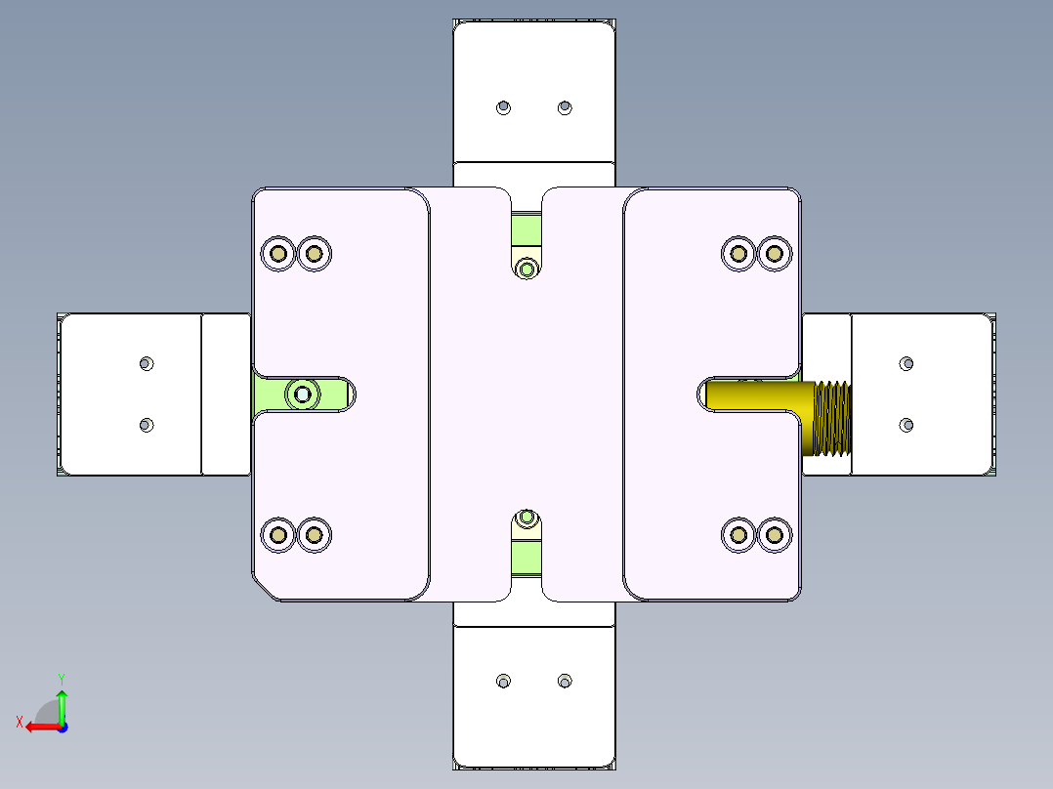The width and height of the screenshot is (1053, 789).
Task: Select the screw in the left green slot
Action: (303, 394)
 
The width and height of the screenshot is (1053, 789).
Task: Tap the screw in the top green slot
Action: (527, 268)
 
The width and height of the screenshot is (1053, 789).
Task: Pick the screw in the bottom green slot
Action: (527, 518)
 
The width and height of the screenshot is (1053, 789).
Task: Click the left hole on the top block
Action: (504, 106)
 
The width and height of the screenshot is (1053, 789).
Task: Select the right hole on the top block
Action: (565, 106)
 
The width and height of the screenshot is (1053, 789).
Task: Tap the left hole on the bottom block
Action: (504, 681)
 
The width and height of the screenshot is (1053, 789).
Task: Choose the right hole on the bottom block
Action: (565, 681)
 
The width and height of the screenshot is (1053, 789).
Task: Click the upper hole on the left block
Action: (147, 363)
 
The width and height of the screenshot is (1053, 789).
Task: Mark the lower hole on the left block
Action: (147, 425)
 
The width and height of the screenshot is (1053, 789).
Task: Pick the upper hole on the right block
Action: (906, 364)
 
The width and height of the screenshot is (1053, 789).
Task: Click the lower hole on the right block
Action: (906, 425)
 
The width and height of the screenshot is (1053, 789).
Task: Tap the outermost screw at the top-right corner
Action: (775, 254)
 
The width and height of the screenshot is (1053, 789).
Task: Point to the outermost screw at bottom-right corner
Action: (775, 534)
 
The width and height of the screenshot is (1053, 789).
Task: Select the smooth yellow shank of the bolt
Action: (757, 396)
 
